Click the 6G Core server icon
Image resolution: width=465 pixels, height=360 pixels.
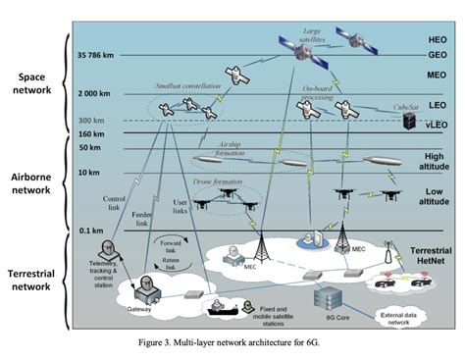tap(326, 296)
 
